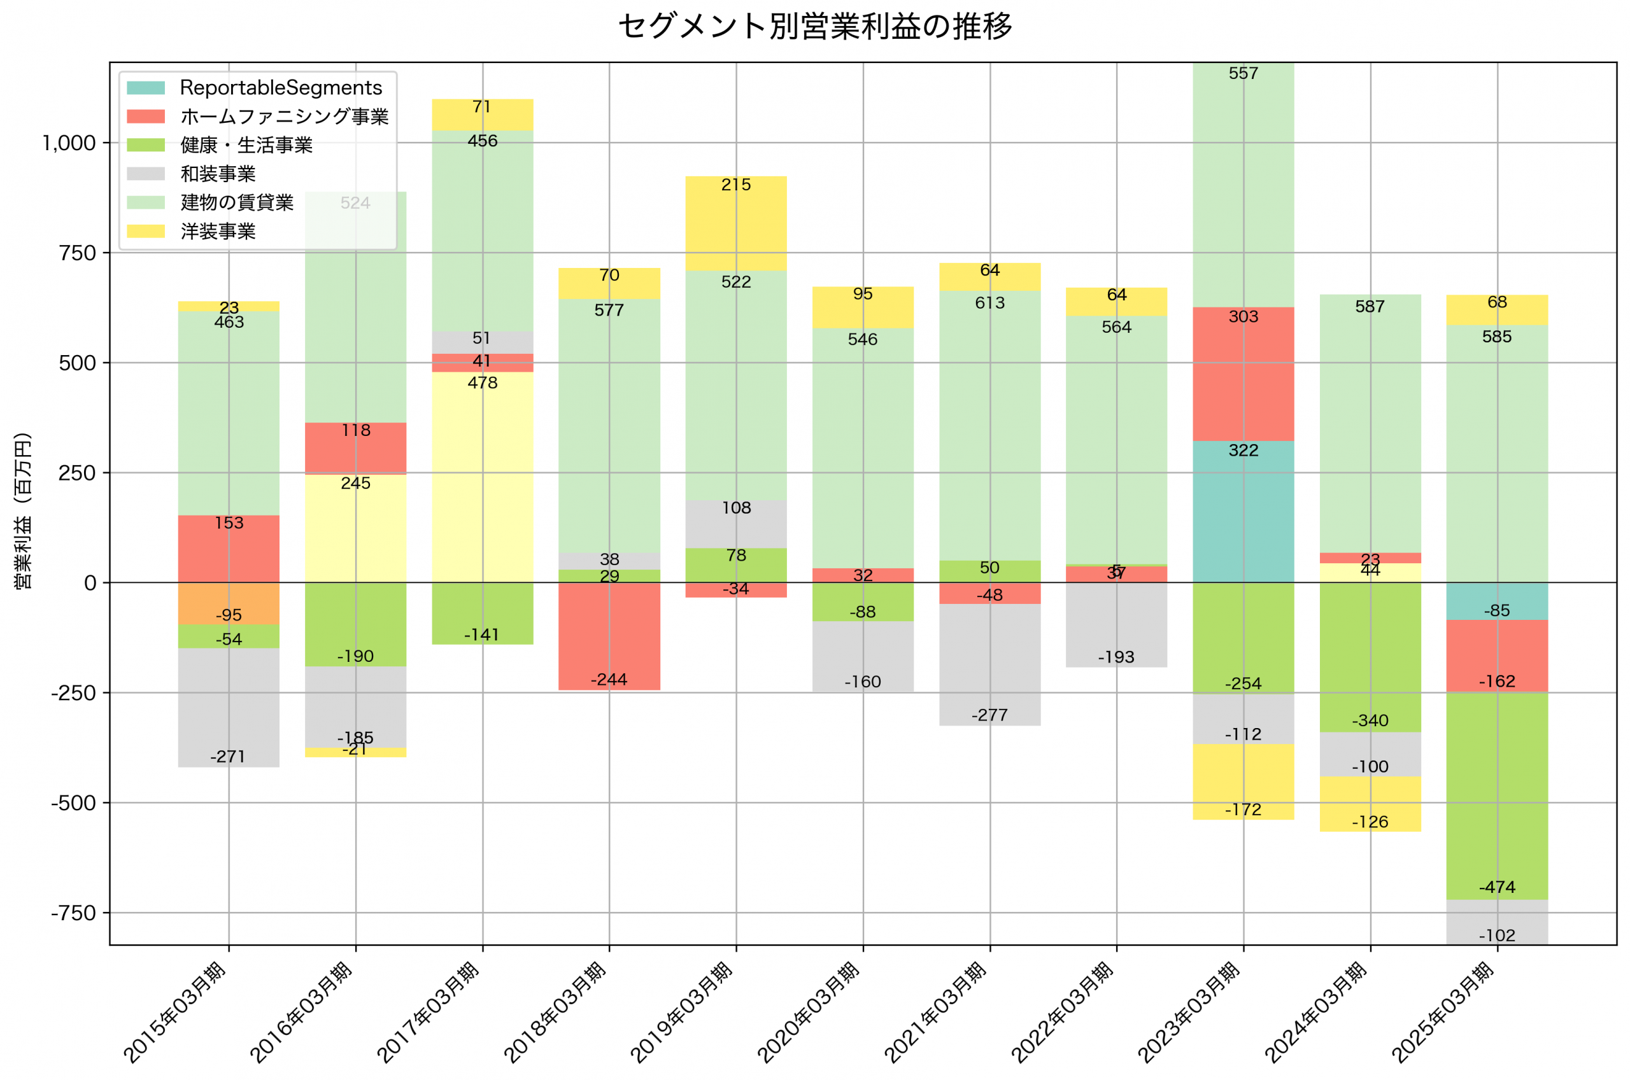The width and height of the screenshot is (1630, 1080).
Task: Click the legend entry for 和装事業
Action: coord(218,174)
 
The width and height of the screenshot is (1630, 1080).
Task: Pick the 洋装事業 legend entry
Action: coord(218,232)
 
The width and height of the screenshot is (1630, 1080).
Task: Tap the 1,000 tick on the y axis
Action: coord(69,143)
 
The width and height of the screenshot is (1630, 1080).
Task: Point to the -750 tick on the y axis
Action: coord(73,913)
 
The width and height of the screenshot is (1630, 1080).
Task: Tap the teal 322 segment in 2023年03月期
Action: coord(1243,511)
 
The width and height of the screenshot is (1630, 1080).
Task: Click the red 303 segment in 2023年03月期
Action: coord(1243,374)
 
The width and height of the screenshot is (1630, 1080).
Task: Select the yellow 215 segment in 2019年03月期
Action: coord(736,224)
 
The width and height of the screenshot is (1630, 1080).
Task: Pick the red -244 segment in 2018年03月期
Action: coord(609,636)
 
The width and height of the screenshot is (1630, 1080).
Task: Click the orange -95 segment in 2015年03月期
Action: coord(229,603)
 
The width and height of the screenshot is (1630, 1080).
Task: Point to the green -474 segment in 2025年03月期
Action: coord(1496,796)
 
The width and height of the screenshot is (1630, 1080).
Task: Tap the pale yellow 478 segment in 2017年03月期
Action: coord(482,477)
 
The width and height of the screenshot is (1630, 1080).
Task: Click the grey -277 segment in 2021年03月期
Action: coord(989,664)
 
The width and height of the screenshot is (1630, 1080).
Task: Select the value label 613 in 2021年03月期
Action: coord(989,303)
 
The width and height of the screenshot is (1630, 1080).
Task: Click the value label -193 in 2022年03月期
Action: coord(1116,657)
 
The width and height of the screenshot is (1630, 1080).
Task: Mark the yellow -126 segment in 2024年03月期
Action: coord(1370,804)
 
